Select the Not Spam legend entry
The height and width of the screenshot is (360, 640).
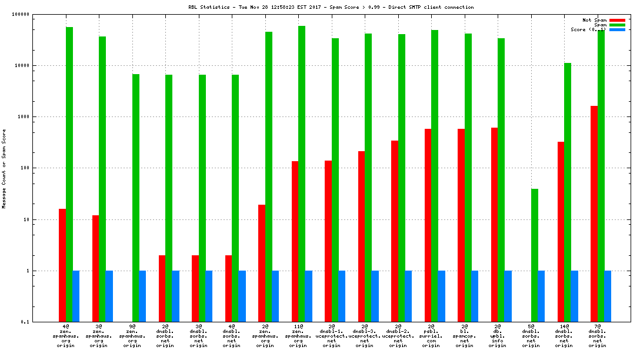[x=595, y=20]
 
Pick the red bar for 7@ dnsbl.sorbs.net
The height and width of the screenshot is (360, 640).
[x=594, y=214]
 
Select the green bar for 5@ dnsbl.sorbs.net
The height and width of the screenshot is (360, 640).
[x=535, y=255]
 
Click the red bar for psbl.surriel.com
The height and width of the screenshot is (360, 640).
[x=428, y=225]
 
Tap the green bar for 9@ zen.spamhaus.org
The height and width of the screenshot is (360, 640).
[x=136, y=198]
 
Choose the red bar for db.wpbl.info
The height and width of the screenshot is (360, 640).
[x=495, y=225]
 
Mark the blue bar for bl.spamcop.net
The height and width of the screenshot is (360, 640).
[x=475, y=296]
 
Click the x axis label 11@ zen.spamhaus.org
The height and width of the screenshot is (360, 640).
[x=298, y=335]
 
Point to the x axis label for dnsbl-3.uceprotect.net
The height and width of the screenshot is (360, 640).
[x=365, y=335]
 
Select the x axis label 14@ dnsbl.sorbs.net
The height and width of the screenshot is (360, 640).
[x=564, y=335]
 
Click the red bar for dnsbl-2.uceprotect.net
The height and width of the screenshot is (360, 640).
[x=395, y=231]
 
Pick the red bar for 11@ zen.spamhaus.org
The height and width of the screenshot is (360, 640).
[x=295, y=241]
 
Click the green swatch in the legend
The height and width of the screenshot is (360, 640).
[x=617, y=25]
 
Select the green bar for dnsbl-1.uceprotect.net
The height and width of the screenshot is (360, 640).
[x=335, y=180]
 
